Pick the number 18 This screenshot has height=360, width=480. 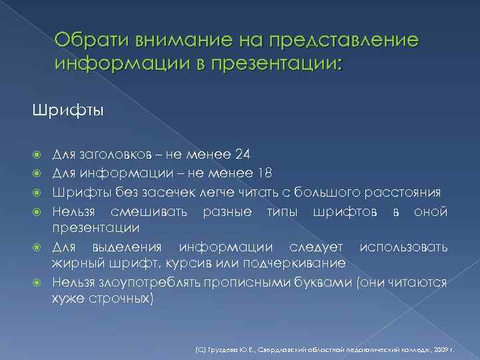pyautogui.click(x=264, y=175)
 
